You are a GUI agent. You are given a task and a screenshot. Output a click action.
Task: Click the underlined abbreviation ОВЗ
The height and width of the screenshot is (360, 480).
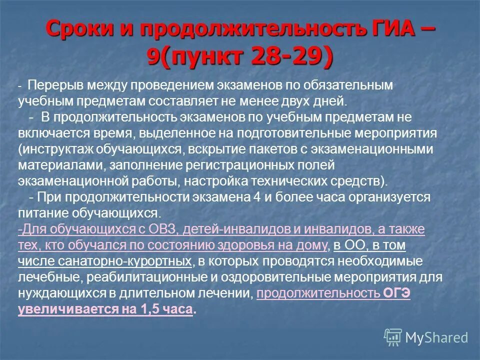pyautogui.click(x=161, y=229)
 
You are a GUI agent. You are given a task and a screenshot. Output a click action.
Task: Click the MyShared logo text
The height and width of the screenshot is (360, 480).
pyautogui.click(x=437, y=337)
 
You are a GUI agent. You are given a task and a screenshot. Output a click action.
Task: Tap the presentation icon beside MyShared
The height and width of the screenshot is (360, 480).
pyautogui.click(x=393, y=337)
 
